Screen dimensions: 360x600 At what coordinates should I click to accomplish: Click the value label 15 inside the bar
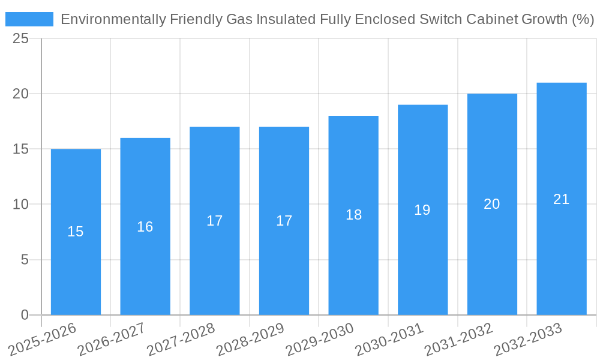click(x=76, y=232)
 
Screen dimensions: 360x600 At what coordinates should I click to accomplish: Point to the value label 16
click(x=145, y=227)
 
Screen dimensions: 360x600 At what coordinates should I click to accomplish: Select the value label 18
click(x=353, y=215)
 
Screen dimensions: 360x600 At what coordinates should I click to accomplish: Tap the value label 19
click(x=422, y=210)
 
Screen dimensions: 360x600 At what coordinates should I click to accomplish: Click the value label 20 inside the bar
click(x=492, y=204)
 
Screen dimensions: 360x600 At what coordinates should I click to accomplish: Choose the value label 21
click(x=562, y=199)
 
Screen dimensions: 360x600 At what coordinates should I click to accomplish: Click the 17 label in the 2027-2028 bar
click(x=215, y=221)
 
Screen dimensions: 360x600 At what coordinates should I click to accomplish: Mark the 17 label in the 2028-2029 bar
click(x=284, y=221)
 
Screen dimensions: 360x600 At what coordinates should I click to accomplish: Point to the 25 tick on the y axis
click(x=20, y=38)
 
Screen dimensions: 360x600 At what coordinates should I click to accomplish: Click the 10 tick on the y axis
click(x=20, y=205)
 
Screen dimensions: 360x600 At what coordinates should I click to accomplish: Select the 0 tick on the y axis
click(x=25, y=315)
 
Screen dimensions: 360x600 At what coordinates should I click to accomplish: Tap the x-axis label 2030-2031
click(x=390, y=340)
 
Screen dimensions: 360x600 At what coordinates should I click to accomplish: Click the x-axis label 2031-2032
click(x=459, y=340)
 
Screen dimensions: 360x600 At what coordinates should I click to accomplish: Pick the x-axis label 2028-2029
click(x=251, y=340)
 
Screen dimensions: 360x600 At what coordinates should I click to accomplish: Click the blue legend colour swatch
click(x=29, y=19)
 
